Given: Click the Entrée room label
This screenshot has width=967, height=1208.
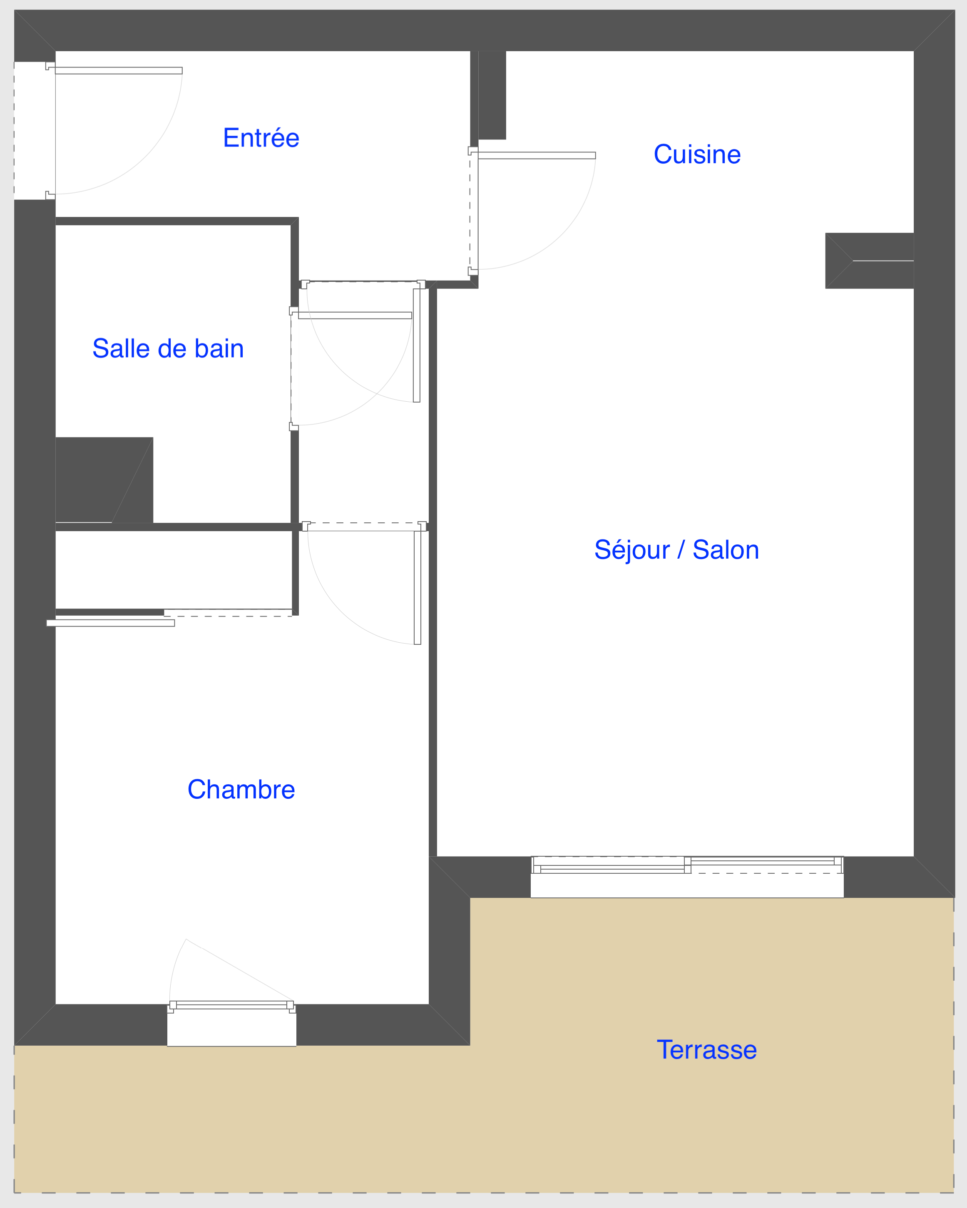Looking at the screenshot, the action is pos(261,137).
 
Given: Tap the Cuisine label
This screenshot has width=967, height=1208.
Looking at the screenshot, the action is pos(697,154).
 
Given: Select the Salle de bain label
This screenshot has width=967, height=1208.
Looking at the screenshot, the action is pos(168,348).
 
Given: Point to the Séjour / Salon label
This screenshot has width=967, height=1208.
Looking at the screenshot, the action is pos(677,549).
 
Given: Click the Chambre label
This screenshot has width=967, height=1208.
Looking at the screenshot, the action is pos(241,790).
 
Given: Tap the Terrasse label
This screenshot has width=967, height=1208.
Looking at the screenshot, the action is pos(706,1049).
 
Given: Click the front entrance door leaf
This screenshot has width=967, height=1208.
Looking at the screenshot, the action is pos(119,71).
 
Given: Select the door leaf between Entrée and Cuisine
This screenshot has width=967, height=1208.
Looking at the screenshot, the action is pos(537,155).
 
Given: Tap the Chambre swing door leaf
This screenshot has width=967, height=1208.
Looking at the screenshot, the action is pos(418,588).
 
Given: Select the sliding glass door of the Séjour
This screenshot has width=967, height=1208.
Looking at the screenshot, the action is pos(687,866).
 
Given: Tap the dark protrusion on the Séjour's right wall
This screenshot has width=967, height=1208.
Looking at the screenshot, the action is pos(870,261).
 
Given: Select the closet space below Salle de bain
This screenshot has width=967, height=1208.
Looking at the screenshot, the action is pos(174,570).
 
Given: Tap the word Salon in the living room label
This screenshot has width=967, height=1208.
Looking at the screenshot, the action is pos(726,549).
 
